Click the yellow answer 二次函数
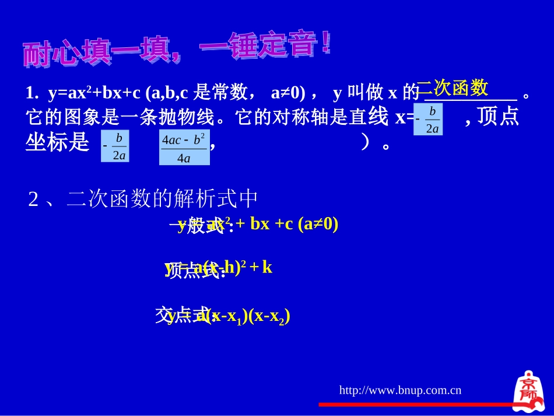(x=453, y=88)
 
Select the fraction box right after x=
(x=429, y=120)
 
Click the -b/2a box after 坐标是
(x=115, y=146)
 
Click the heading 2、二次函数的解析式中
(x=143, y=200)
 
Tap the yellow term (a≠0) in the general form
(x=318, y=224)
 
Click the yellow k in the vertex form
(x=267, y=267)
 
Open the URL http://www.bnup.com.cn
(x=400, y=390)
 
